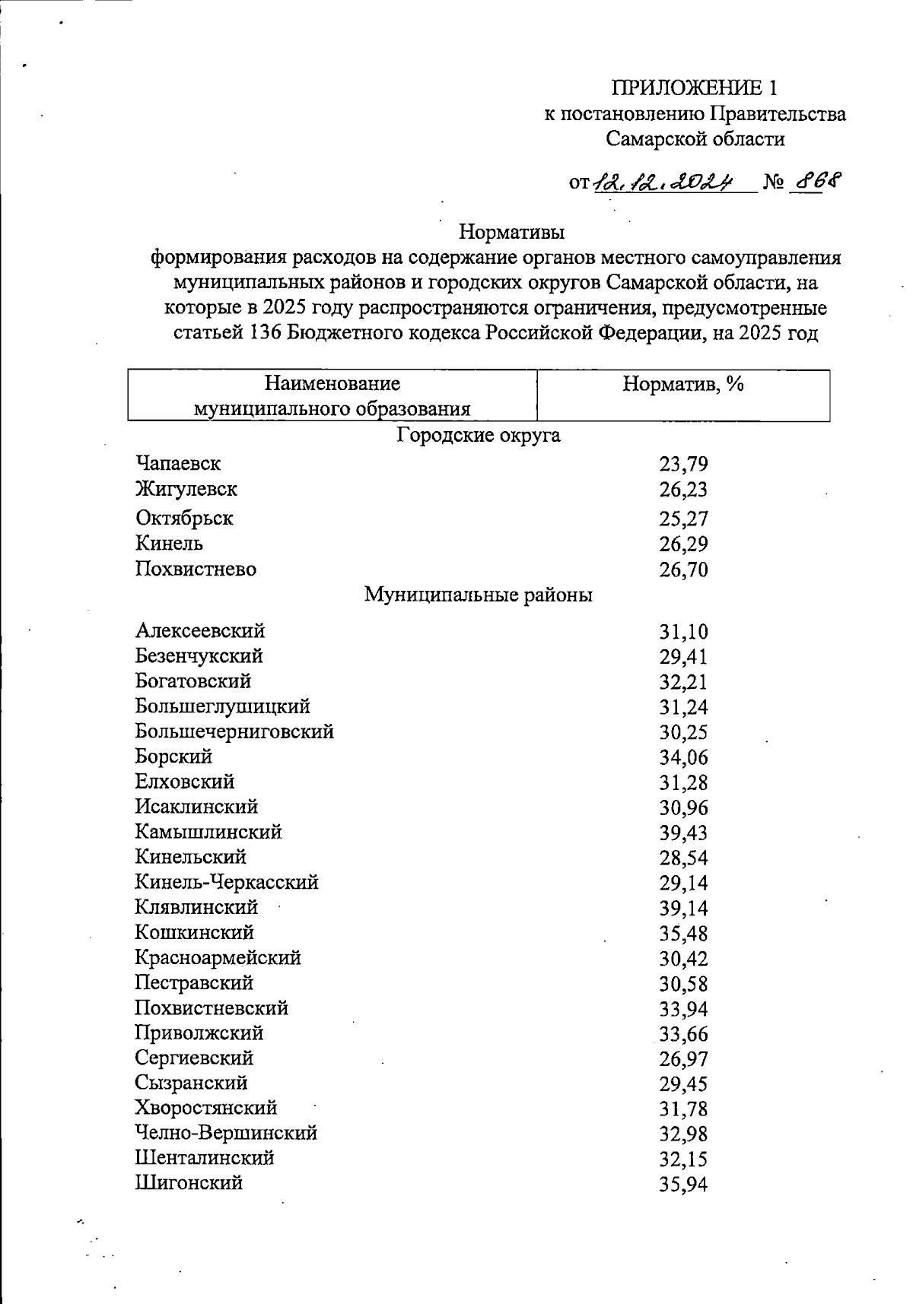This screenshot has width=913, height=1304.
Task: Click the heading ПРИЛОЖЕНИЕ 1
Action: pyautogui.click(x=695, y=88)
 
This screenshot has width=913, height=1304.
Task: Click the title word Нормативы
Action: pyautogui.click(x=513, y=229)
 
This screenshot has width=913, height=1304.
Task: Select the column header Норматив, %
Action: pyautogui.click(x=682, y=384)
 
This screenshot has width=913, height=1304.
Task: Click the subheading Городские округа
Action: pyautogui.click(x=479, y=436)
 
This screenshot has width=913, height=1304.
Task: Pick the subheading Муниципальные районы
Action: pyautogui.click(x=479, y=595)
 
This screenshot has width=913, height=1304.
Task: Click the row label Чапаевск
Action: pyautogui.click(x=178, y=463)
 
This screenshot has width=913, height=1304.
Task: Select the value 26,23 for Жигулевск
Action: pyautogui.click(x=683, y=490)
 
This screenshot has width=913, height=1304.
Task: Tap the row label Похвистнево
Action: pyautogui.click(x=196, y=569)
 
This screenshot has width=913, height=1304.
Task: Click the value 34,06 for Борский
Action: pyautogui.click(x=683, y=757)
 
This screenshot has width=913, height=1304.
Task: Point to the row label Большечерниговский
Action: pyautogui.click(x=234, y=731)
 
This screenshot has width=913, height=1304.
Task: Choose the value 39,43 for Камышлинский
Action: pyautogui.click(x=683, y=833)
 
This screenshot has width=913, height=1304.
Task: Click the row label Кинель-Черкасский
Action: pyautogui.click(x=227, y=882)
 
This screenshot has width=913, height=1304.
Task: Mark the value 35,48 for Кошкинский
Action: pyautogui.click(x=683, y=934)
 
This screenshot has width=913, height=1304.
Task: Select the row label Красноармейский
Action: pyautogui.click(x=218, y=957)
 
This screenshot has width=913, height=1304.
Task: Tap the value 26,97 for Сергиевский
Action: pyautogui.click(x=683, y=1059)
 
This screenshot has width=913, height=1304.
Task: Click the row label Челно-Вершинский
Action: pyautogui.click(x=226, y=1133)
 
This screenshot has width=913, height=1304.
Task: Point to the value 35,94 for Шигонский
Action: pyautogui.click(x=683, y=1185)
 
